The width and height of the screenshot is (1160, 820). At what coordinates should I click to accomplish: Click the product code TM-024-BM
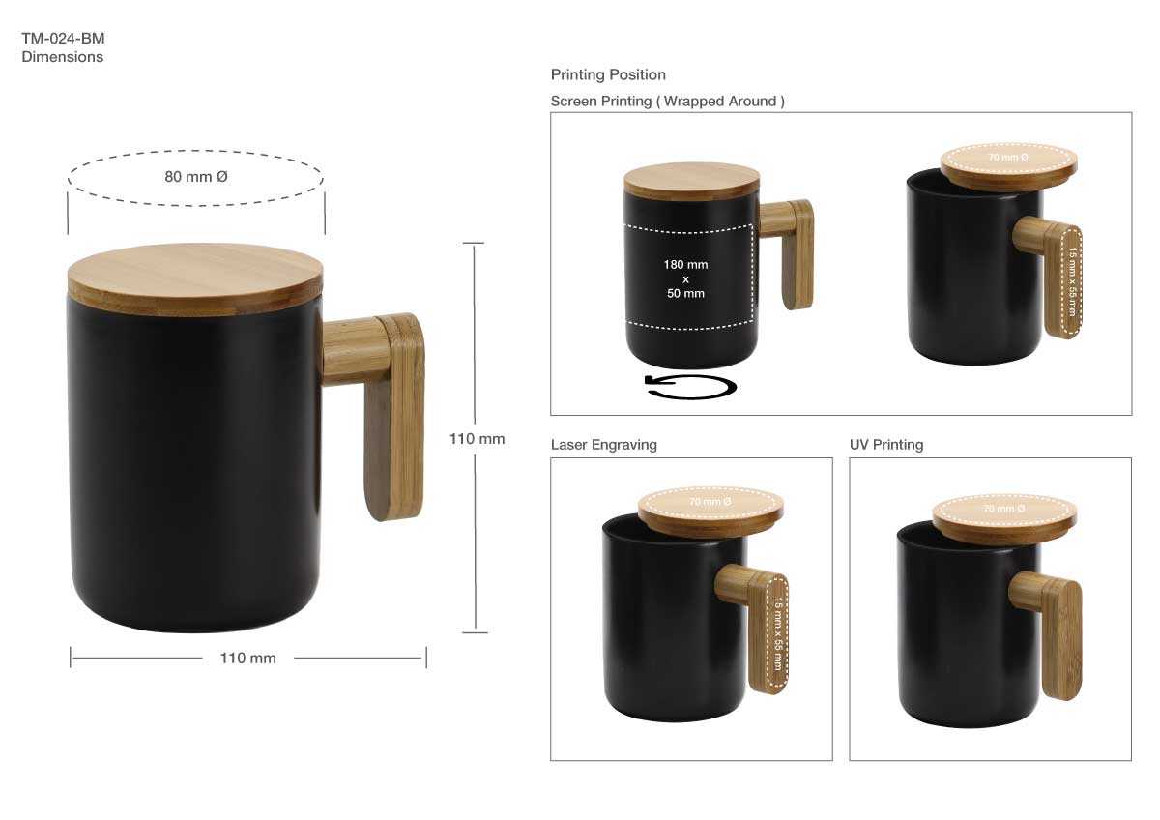point(63,39)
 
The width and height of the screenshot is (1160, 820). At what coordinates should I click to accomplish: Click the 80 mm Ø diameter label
point(195,177)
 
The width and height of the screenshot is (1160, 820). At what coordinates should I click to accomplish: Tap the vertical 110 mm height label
point(477,438)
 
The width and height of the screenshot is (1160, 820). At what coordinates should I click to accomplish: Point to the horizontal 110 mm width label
point(247,659)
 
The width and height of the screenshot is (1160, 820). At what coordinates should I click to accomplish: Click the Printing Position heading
point(608,74)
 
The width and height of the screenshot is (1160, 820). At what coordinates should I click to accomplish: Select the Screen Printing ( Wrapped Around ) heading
point(667,101)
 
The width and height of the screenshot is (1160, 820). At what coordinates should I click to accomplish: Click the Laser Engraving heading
point(603,445)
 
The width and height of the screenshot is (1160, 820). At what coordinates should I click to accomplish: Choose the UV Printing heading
point(886,445)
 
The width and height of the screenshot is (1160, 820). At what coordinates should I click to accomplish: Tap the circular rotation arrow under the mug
point(690,387)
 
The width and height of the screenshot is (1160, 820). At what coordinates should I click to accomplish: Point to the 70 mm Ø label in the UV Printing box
point(1003,509)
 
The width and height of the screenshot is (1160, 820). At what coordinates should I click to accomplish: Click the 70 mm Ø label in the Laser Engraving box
point(710,503)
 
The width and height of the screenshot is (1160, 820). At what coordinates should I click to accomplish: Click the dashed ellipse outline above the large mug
point(195,155)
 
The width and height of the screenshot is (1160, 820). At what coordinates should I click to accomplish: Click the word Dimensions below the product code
point(62,57)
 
